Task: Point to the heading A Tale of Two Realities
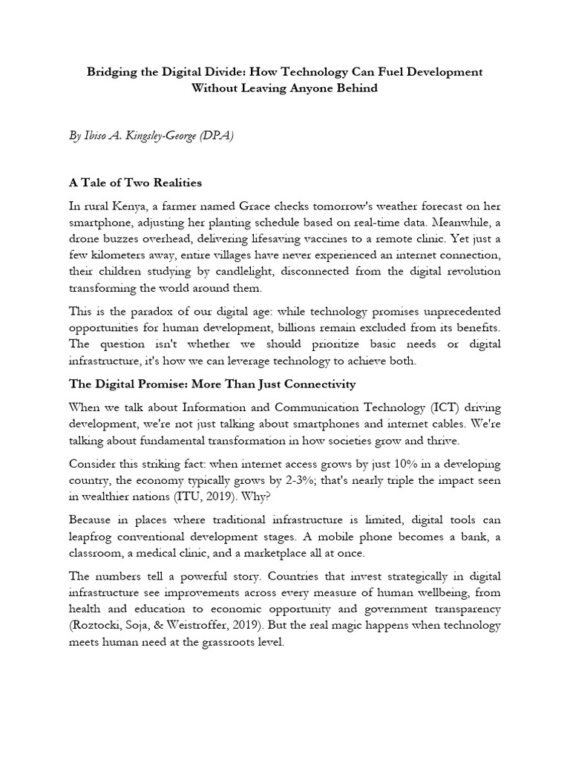(x=135, y=183)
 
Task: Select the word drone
(x=85, y=237)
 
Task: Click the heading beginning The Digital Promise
(x=212, y=384)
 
